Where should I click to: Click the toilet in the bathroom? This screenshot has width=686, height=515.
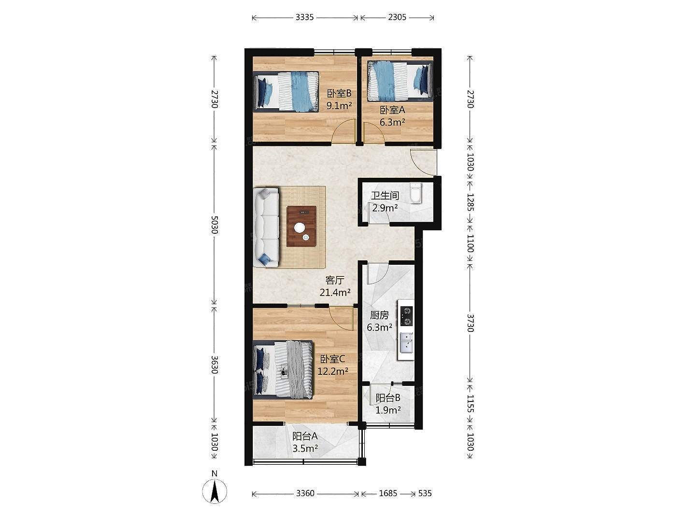coord(415,193)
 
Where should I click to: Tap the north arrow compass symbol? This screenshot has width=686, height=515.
coord(214,491)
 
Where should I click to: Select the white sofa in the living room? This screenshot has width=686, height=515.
coord(266,227)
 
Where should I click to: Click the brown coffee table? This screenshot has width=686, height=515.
coord(301,226)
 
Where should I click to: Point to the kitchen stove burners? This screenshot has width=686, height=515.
coord(407,316)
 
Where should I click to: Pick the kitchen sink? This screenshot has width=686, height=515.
coord(406,343)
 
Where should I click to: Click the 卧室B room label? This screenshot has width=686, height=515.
coord(339,93)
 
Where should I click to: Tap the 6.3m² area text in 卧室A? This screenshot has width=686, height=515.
coord(392,122)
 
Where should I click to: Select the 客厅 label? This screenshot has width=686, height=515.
coord(335,280)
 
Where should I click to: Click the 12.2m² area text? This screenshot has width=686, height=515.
coord(333,371)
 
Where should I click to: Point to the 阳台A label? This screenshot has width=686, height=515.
coord(305,436)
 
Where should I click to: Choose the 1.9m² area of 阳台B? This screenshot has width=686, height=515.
coord(388,410)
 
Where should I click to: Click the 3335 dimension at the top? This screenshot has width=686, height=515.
coord(304,17)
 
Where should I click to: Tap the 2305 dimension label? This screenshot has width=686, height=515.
coord(397,17)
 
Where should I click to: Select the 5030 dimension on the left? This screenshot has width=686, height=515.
coord(214,225)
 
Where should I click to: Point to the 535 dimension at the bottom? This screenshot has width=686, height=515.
coord(425,493)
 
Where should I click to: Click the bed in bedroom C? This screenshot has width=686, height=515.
coord(283,370)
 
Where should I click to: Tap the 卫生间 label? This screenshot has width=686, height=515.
coord(385,196)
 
